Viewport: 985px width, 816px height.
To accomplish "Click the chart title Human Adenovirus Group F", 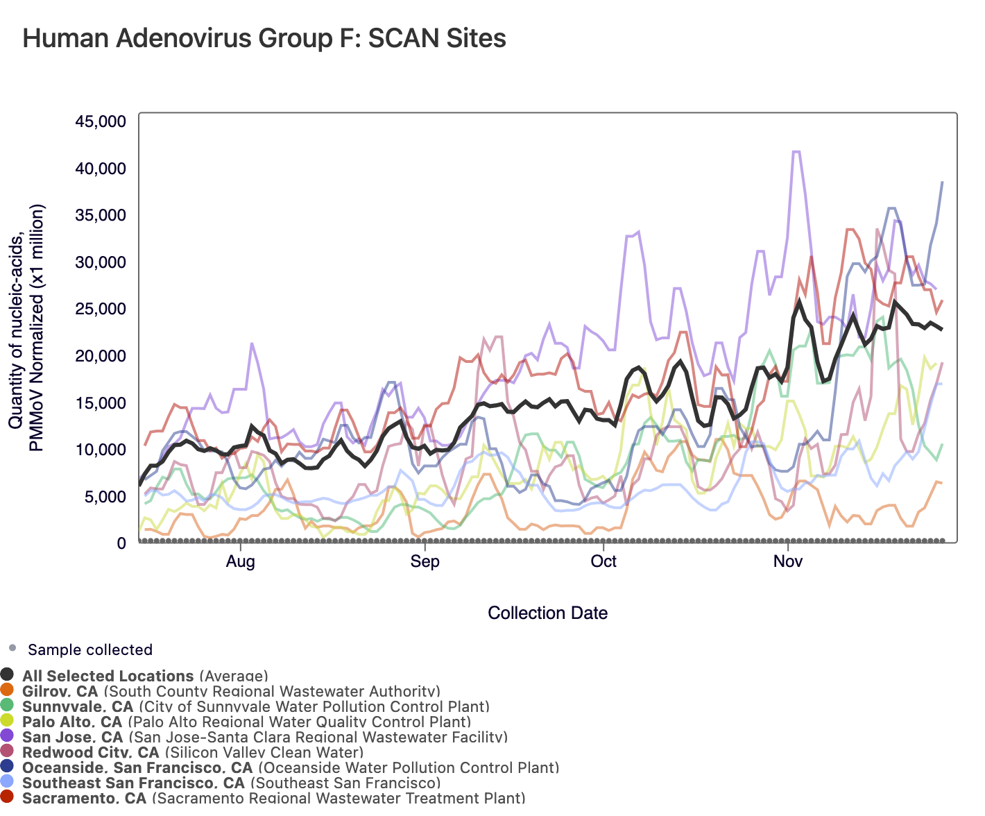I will [x=264, y=38].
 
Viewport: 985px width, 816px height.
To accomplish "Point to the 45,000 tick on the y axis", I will [x=101, y=121].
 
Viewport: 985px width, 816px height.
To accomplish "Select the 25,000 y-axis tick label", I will [x=101, y=309].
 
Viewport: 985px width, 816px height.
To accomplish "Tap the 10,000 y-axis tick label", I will [x=101, y=450].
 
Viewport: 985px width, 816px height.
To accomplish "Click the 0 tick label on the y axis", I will [x=121, y=543].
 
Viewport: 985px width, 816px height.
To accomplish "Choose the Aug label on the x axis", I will [x=241, y=561].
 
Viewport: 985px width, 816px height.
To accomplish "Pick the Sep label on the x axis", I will [x=425, y=561].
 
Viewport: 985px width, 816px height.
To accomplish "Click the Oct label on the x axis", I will [x=603, y=561].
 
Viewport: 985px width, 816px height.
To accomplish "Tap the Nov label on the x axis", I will [x=788, y=561].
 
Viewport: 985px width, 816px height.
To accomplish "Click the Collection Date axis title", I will [x=547, y=613].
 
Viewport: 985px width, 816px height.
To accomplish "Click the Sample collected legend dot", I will [x=12, y=649].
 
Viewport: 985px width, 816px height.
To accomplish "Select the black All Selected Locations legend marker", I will [x=8, y=674].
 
